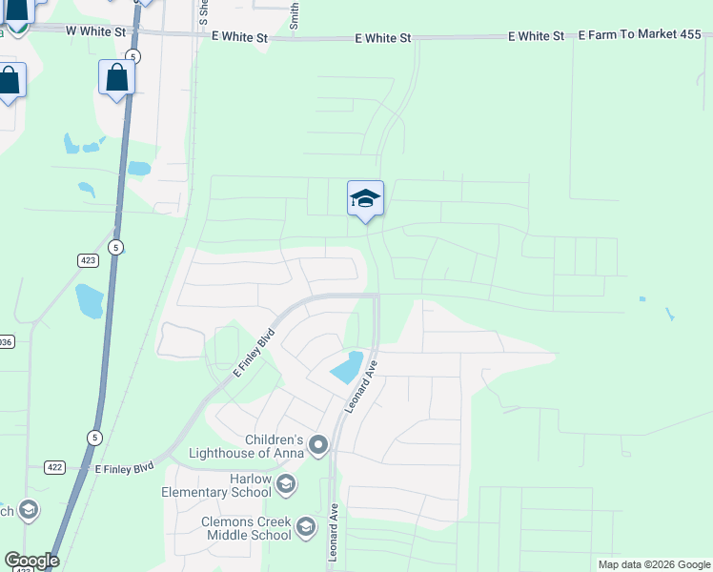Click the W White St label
click(96, 31)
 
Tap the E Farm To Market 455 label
click(640, 35)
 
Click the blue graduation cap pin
click(365, 199)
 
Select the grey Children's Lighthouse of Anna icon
click(318, 445)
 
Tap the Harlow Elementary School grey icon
click(284, 486)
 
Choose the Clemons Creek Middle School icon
click(305, 527)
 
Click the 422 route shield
click(54, 467)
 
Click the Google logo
click(31, 561)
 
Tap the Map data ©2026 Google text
click(654, 564)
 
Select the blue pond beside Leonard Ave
click(346, 367)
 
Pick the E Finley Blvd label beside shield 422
click(124, 468)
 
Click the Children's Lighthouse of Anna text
click(247, 445)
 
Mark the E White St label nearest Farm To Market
click(536, 36)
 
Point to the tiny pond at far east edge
click(669, 314)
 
